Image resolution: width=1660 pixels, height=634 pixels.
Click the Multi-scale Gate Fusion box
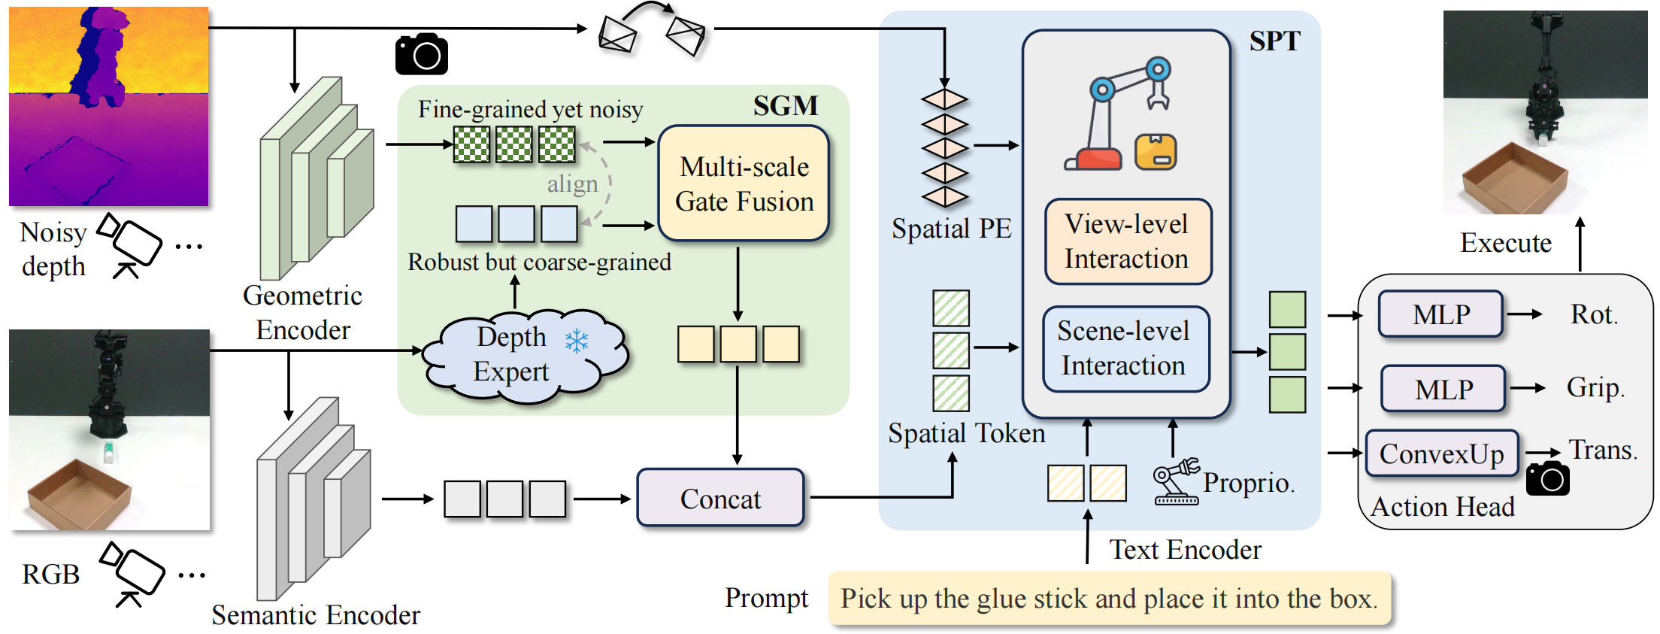tap(744, 184)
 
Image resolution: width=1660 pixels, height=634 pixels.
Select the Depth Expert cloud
tap(519, 354)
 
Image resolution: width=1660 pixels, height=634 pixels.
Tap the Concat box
tap(720, 498)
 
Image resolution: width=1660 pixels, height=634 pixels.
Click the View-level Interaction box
tap(1127, 241)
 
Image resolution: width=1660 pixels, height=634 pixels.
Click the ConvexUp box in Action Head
tap(1441, 454)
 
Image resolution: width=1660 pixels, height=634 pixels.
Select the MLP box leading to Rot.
tap(1440, 314)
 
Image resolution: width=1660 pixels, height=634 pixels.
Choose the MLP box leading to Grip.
tap(1443, 389)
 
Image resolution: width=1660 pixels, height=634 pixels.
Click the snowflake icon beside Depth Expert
tap(577, 341)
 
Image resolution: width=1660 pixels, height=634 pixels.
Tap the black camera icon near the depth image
tap(422, 54)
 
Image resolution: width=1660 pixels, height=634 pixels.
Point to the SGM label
tap(785, 106)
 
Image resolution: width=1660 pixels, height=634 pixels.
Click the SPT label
tap(1274, 41)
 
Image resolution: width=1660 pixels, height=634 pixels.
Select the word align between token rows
tap(572, 184)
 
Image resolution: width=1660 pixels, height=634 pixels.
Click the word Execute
tap(1505, 243)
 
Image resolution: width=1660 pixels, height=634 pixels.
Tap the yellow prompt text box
tap(1109, 599)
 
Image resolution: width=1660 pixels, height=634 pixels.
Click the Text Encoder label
tap(1185, 550)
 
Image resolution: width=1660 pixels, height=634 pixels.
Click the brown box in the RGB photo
tap(80, 493)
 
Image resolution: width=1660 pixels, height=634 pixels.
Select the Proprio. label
tap(1249, 483)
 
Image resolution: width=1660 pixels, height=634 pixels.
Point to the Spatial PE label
tap(951, 229)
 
